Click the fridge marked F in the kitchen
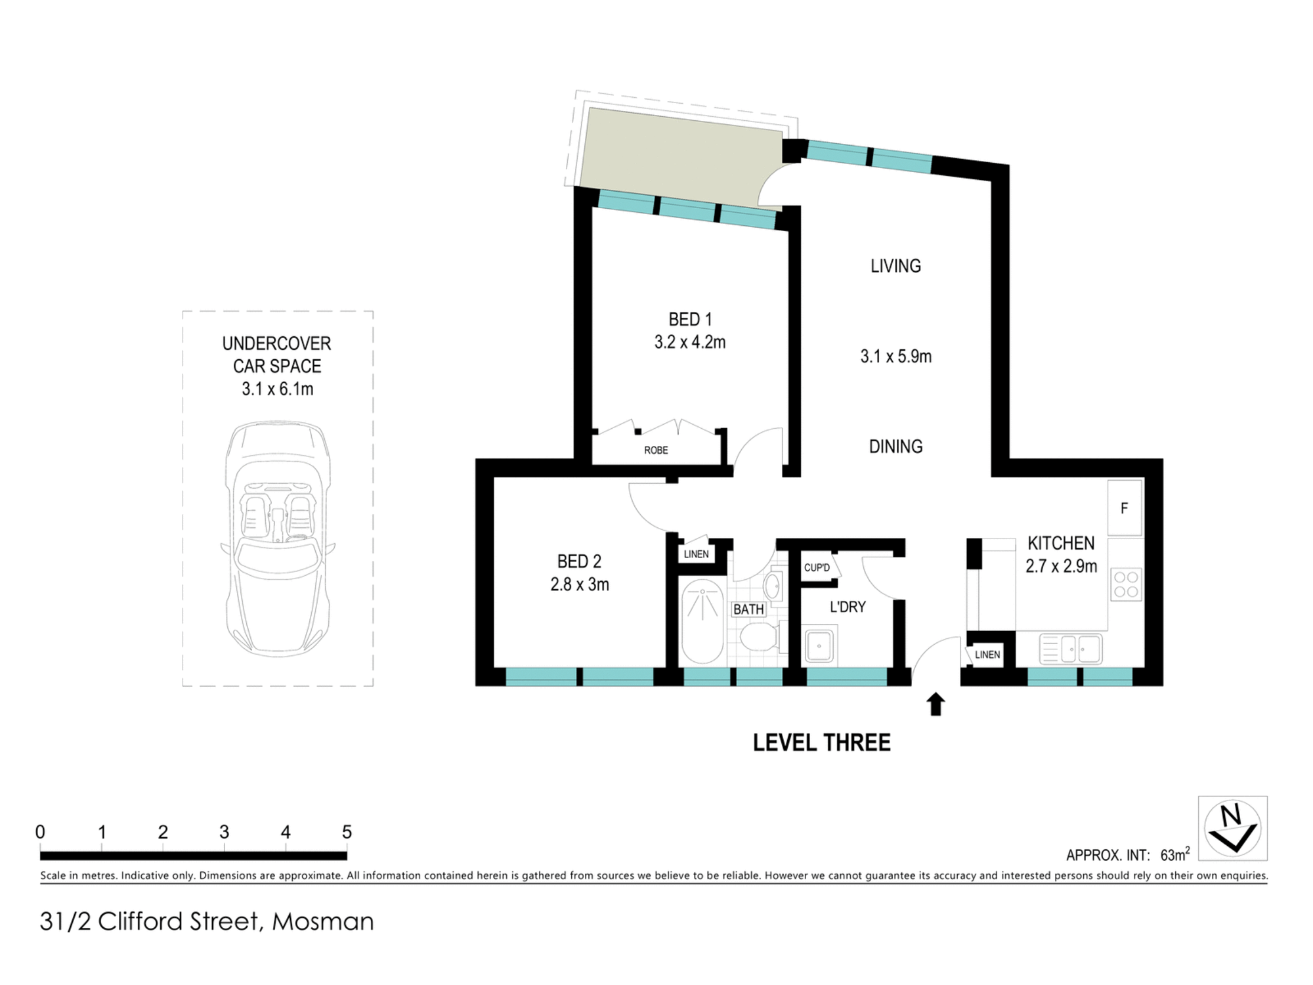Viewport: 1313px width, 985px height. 1125,508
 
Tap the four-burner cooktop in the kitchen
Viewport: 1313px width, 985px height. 1126,584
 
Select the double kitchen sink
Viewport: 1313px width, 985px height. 1071,649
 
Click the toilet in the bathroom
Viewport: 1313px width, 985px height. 760,636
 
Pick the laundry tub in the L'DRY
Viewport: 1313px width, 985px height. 820,646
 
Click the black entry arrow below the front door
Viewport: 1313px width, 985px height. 936,704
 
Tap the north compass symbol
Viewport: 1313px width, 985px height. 1232,828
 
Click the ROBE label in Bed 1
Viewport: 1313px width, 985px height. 656,450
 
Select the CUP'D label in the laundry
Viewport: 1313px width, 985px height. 817,567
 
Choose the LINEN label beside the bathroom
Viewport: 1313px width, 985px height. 696,554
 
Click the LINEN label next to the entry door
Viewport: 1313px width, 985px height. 987,655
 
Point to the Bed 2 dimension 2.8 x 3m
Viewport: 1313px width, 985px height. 580,584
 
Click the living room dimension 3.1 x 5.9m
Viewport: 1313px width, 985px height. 896,357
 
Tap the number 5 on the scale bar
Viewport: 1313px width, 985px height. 347,832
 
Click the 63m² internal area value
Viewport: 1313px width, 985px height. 1175,854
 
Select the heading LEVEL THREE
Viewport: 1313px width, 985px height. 821,743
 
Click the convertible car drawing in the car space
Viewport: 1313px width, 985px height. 277,538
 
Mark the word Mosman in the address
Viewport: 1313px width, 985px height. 323,921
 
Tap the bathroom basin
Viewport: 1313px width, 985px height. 772,586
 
